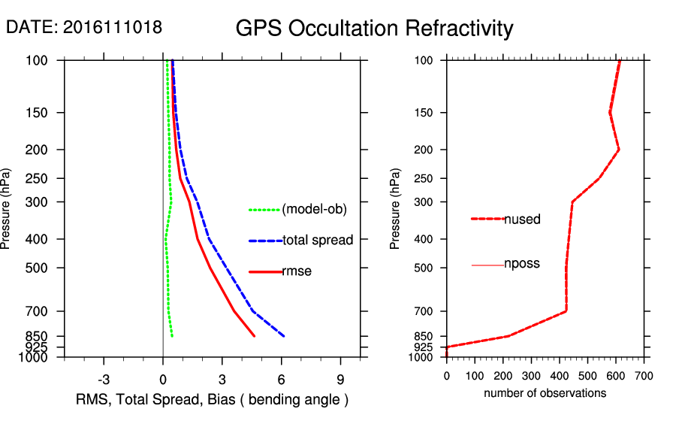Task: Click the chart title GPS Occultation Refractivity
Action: tap(374, 29)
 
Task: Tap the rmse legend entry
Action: tap(297, 271)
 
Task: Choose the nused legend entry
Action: tap(522, 220)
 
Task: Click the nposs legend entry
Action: tap(522, 264)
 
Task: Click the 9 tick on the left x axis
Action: tap(340, 380)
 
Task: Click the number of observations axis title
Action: tap(545, 393)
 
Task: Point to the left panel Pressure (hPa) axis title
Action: tap(8, 208)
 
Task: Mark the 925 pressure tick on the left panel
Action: tap(37, 347)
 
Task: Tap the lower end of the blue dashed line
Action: tap(284, 336)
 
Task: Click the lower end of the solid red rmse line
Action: tap(255, 336)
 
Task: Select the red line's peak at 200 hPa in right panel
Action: tap(618, 150)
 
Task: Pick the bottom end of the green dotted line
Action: tap(172, 336)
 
